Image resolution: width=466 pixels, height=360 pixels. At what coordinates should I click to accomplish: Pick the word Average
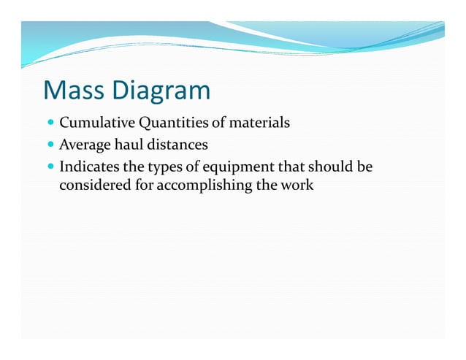83,145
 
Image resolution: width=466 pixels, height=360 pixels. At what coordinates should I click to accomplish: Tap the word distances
175,145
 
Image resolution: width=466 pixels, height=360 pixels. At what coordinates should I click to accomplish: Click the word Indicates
86,167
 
